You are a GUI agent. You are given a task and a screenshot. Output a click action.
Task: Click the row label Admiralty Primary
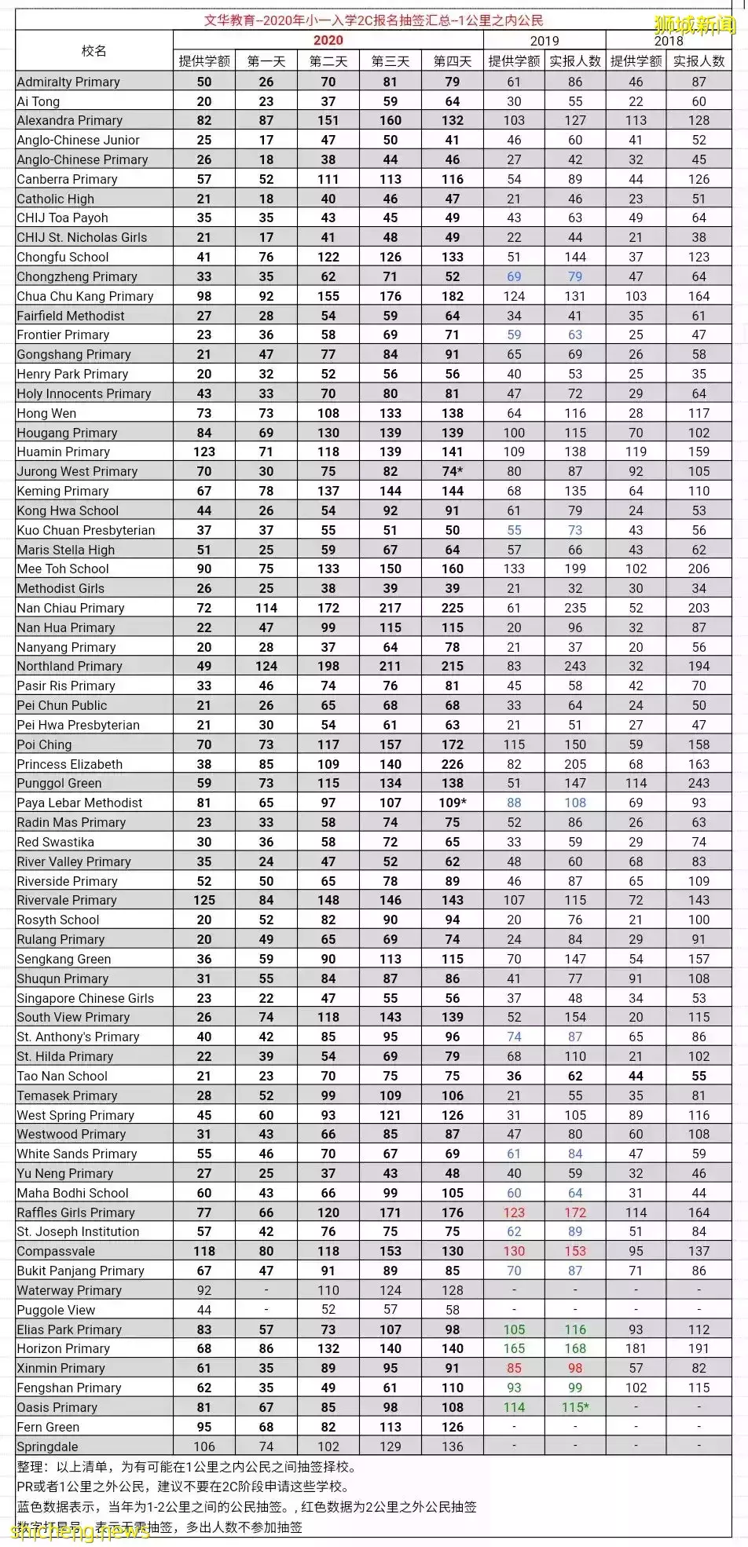point(68,82)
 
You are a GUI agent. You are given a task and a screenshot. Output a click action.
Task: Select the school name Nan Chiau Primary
point(71,608)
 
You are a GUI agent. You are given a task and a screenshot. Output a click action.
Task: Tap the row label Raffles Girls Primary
point(75,1212)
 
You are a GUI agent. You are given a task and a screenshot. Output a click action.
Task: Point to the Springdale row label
point(47,1446)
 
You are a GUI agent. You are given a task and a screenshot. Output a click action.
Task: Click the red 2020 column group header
point(328,40)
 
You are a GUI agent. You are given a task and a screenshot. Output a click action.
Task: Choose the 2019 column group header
point(544,41)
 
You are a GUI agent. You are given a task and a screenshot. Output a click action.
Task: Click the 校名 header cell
point(93,51)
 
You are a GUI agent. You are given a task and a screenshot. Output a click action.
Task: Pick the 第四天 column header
point(453,61)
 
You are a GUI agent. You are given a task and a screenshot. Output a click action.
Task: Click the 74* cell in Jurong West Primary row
point(453,471)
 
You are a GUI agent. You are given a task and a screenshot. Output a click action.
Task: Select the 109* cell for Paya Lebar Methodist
point(453,803)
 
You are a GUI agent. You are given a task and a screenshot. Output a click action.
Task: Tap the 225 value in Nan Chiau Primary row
point(453,608)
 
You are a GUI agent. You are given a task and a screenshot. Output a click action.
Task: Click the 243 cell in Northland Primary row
point(575,666)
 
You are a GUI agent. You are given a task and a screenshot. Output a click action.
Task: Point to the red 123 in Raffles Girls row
point(514,1212)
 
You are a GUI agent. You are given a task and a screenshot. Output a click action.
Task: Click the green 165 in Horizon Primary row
point(514,1348)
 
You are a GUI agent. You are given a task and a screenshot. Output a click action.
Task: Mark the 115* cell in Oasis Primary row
point(575,1407)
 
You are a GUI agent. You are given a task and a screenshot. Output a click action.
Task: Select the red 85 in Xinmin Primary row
point(514,1368)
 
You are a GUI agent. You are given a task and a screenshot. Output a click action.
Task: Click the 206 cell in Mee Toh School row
point(698,569)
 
